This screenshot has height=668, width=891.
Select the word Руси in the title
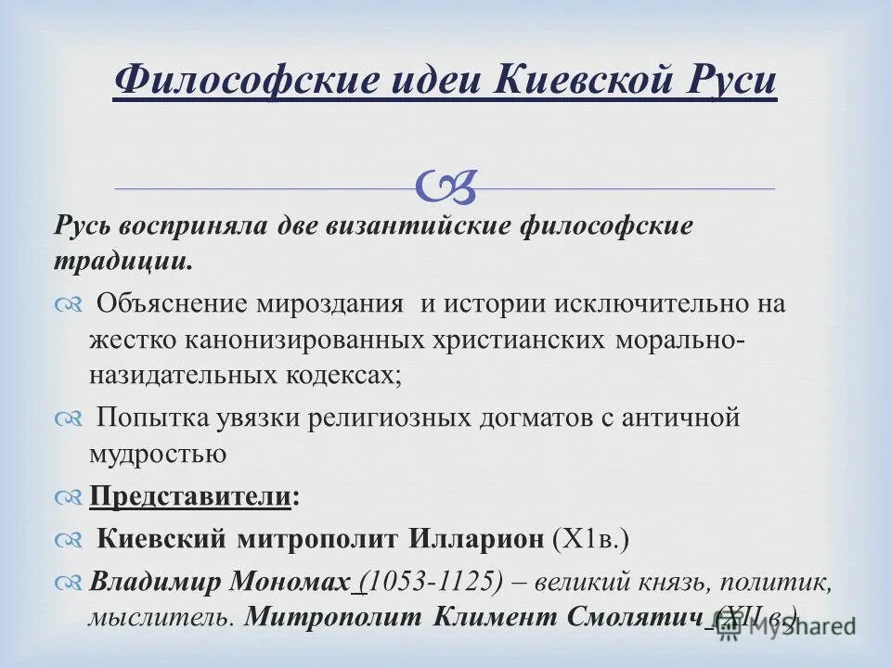[x=732, y=80]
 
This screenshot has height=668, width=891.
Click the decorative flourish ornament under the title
[x=446, y=186]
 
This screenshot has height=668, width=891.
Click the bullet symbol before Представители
[x=69, y=497]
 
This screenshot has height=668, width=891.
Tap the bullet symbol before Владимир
[x=69, y=583]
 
